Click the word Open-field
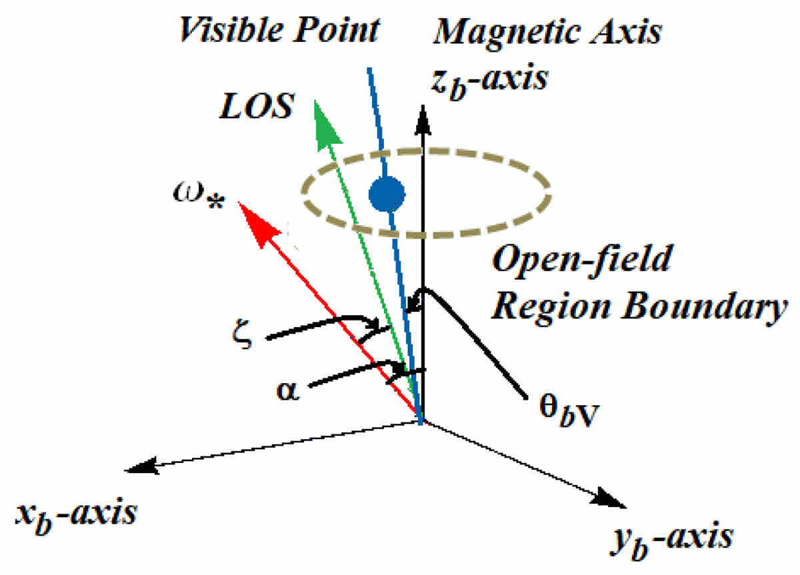pyautogui.click(x=580, y=261)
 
